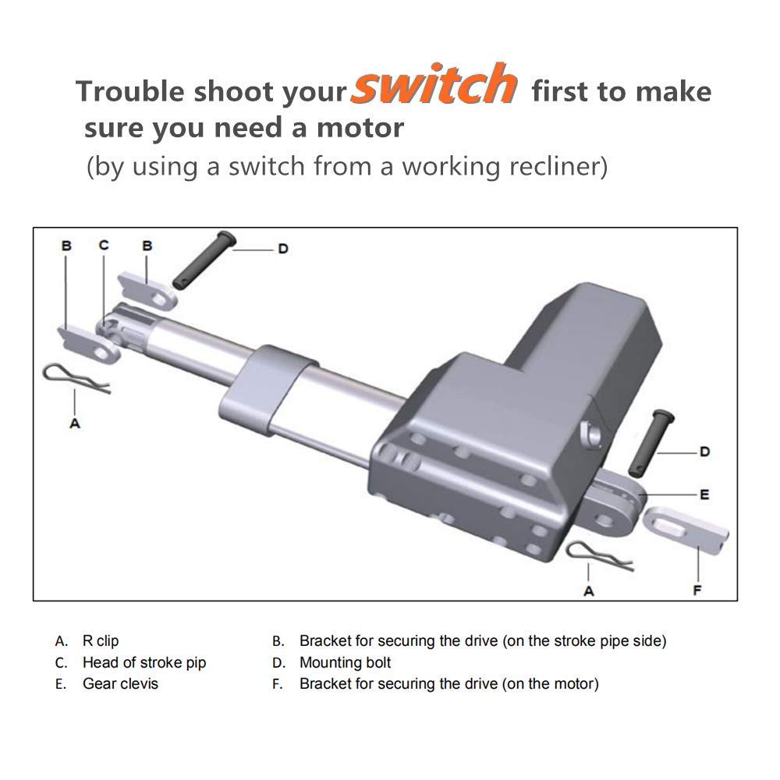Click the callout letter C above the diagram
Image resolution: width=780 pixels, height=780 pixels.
[x=104, y=245]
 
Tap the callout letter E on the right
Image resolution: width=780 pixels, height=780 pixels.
[x=704, y=495]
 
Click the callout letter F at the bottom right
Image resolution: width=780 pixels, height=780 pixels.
[x=697, y=590]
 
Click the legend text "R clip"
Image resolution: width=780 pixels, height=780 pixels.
[x=101, y=641]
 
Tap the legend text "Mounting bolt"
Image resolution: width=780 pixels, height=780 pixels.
[x=345, y=663]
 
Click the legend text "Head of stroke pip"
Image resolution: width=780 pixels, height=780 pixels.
[x=144, y=663]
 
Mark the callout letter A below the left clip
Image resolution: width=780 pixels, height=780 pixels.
[x=75, y=424]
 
